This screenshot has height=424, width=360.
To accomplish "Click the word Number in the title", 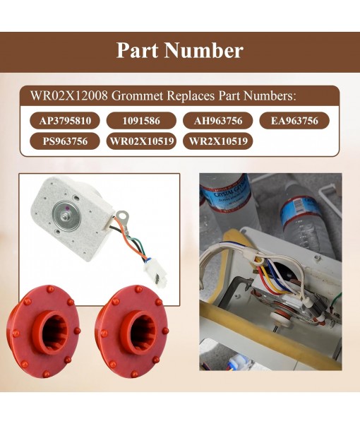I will coord(208,51).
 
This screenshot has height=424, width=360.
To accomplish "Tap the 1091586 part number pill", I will coord(141,121).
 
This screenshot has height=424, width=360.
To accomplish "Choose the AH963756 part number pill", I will coord(217,121).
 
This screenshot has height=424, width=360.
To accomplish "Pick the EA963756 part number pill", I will coord(294,121).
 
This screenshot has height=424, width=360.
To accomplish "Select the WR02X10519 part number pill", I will coord(141,141).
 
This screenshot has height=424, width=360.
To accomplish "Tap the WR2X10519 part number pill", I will coord(217,141).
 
